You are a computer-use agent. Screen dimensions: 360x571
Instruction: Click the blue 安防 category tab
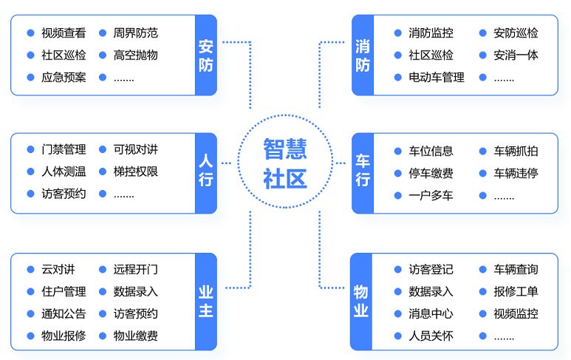[x=206, y=55]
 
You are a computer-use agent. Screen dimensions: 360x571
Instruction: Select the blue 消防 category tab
[x=363, y=55]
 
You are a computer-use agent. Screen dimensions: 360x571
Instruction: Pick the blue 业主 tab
[x=206, y=302]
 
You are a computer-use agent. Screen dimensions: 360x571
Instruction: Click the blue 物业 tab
[x=361, y=302]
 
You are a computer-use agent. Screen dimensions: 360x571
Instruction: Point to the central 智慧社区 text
[x=285, y=163]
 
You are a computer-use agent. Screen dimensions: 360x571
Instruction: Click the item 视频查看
[x=64, y=33]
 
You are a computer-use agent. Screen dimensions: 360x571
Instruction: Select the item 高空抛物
[x=136, y=55]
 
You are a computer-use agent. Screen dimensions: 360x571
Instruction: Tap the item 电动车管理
[x=437, y=78]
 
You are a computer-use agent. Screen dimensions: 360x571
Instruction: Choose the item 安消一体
[x=516, y=55]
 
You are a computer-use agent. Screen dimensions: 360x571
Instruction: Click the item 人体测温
[x=64, y=171]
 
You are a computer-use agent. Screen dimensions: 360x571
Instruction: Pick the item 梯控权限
[x=136, y=171]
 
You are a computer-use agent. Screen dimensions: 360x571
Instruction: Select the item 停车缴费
[x=431, y=174]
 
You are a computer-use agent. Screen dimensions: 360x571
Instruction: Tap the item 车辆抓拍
[x=516, y=152]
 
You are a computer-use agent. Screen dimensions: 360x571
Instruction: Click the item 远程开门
[x=136, y=270]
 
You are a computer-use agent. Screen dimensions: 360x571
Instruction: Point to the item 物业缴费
[x=136, y=336]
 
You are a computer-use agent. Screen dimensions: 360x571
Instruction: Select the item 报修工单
[x=516, y=292]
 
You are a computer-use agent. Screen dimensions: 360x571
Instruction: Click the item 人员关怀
[x=431, y=336]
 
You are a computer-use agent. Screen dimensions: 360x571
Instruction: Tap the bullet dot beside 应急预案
[x=30, y=78]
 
